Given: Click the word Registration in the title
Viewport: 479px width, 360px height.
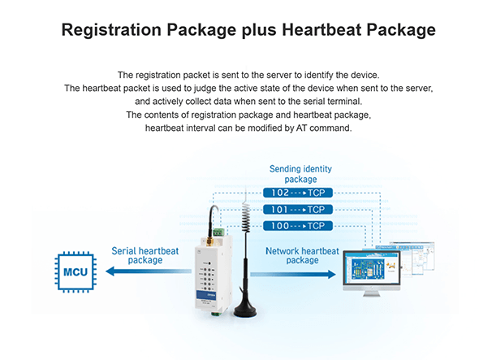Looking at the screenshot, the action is (x=111, y=30).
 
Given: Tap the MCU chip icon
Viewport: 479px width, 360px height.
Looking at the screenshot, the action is (x=76, y=271).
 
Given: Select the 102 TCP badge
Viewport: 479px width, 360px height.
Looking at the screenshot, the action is (x=298, y=193).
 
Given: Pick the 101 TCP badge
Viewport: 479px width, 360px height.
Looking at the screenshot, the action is (x=298, y=210).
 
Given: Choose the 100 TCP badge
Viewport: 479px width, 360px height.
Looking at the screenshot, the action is (x=298, y=226).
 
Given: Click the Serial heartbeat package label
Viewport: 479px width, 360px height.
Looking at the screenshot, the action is (x=145, y=255).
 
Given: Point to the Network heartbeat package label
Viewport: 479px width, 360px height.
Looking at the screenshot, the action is (x=303, y=255).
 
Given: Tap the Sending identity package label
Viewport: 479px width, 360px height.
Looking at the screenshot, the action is (x=300, y=174).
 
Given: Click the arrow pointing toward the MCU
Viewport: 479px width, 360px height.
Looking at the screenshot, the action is (x=149, y=271).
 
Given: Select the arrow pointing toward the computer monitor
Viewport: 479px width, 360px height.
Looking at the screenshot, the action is (x=293, y=274).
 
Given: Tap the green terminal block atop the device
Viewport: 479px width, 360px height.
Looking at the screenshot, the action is (x=219, y=232).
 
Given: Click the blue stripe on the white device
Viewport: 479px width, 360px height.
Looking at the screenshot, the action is (x=206, y=295).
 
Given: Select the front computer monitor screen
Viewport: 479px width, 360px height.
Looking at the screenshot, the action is (x=372, y=268).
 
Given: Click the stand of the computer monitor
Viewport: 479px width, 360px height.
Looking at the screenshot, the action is (x=372, y=293).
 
